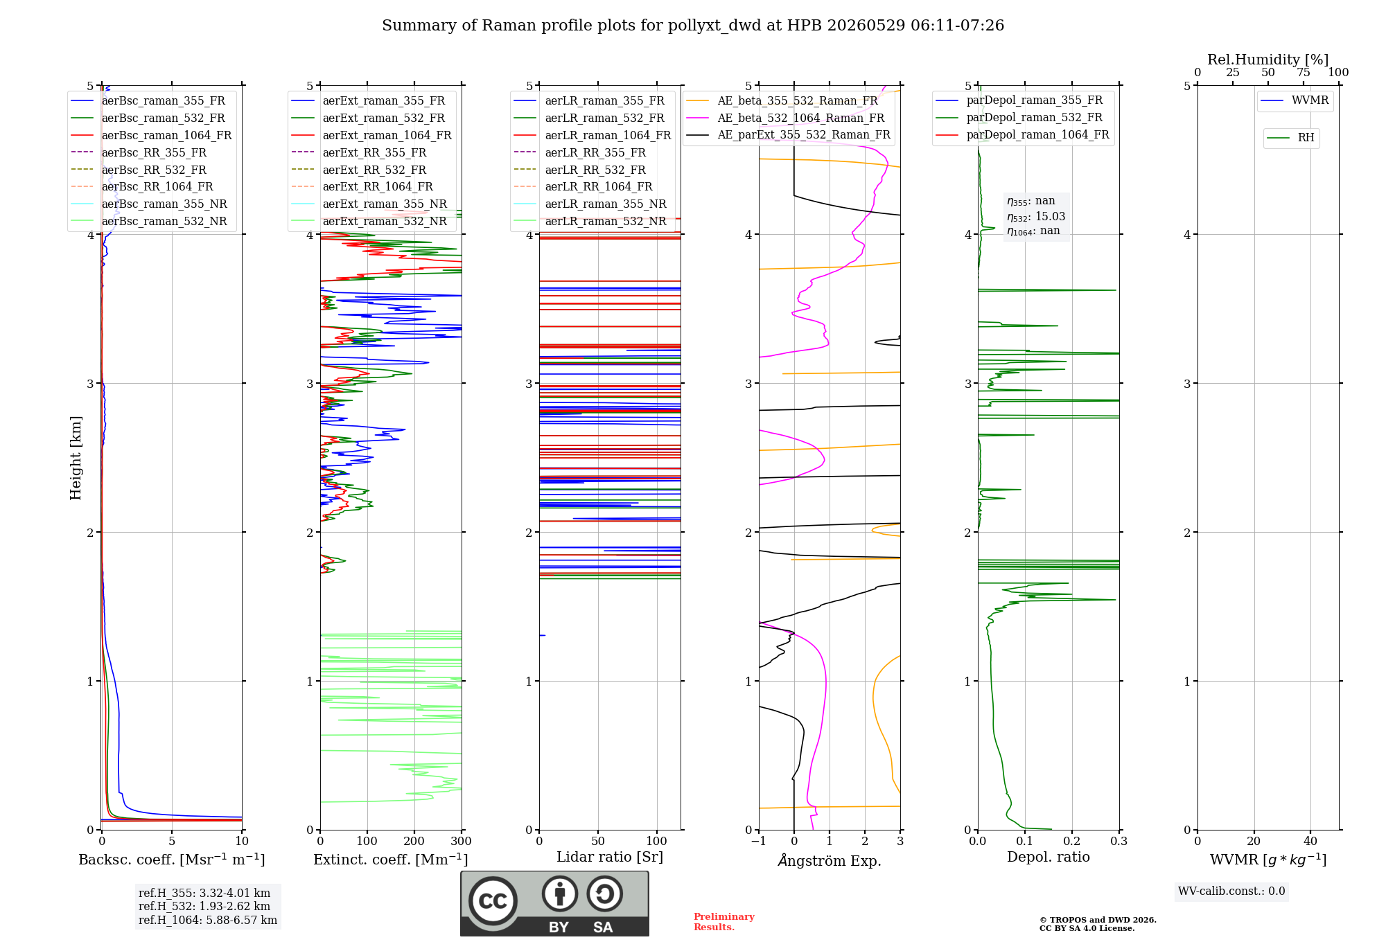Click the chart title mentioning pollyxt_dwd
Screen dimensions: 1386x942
point(693,26)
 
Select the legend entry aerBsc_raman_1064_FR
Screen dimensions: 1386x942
point(151,135)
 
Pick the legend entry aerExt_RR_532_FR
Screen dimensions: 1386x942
point(359,170)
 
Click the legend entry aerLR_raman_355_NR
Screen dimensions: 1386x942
point(590,204)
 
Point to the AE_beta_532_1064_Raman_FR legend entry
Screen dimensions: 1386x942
point(785,118)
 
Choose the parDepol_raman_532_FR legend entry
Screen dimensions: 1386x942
point(1019,117)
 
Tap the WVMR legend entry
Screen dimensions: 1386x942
point(1295,100)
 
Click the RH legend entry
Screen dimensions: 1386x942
point(1290,138)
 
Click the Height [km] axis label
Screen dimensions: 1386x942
point(76,458)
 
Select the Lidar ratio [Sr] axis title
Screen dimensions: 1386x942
point(610,857)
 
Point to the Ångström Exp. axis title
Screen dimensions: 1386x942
point(830,860)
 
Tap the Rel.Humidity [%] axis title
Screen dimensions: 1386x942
point(1268,60)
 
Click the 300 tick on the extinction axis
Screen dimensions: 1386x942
point(462,841)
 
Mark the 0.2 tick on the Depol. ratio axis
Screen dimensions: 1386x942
point(1072,841)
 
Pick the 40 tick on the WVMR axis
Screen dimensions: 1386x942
point(1310,841)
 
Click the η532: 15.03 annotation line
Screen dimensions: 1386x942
point(1036,217)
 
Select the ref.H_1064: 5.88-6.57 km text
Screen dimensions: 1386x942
point(208,920)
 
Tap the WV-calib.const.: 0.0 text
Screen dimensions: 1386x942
point(1231,891)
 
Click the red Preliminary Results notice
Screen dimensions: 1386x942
point(724,922)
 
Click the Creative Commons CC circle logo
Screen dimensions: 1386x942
point(493,900)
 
